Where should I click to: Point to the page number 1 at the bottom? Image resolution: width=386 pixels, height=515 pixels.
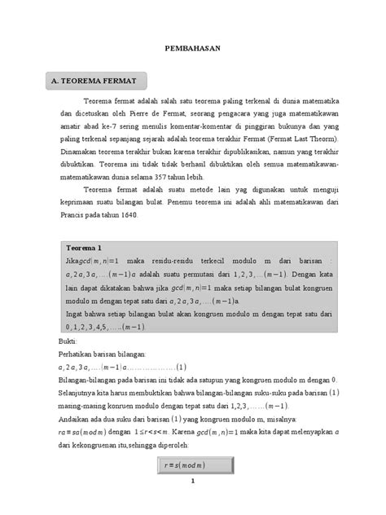coord(193,502)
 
